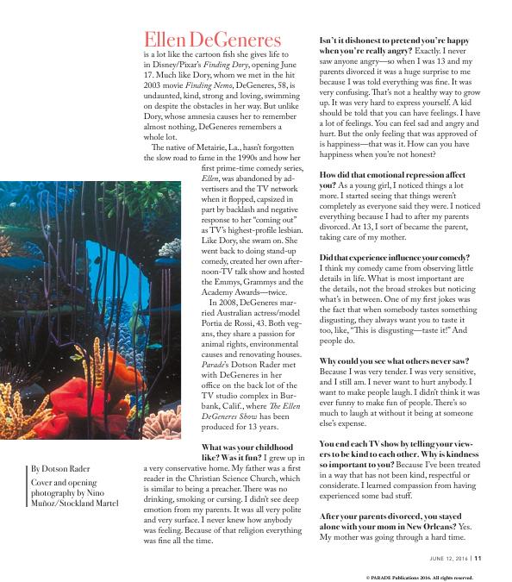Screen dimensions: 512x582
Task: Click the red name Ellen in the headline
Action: tap(172, 40)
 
